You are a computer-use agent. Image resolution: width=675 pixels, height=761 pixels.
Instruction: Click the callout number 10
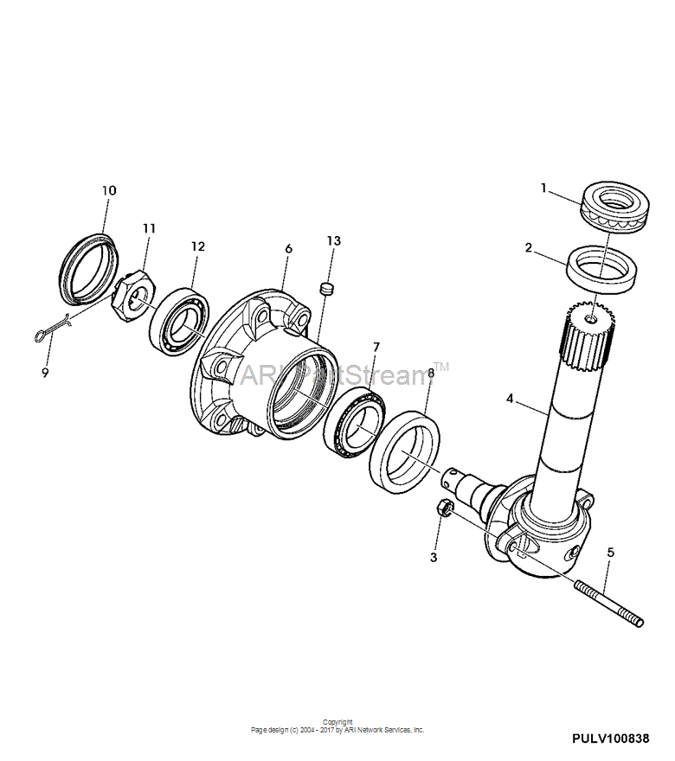pos(109,191)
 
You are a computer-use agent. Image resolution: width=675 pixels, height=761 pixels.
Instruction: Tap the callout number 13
pos(334,240)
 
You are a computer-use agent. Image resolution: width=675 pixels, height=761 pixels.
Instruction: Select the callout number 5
pos(610,553)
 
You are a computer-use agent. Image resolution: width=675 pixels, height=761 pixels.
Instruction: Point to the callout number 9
pos(45,374)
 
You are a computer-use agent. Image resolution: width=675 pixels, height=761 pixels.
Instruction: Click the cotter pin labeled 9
pos(52,328)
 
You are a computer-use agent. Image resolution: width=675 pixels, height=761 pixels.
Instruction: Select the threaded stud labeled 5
pos(609,604)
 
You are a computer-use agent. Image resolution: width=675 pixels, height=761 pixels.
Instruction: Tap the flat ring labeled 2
pos(602,269)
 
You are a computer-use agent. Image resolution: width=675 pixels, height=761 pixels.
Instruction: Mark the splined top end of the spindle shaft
pos(589,336)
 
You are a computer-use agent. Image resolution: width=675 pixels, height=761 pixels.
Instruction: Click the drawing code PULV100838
pos(610,739)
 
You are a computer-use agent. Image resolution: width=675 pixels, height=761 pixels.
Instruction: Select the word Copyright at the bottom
pos(337,722)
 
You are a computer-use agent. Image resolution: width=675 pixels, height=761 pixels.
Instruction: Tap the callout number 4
pos(510,399)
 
